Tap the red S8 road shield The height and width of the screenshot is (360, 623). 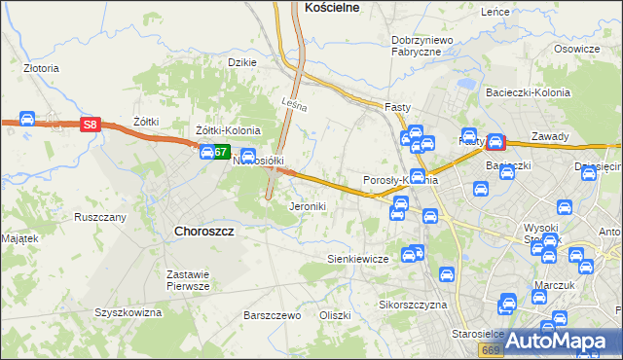[x=90, y=124]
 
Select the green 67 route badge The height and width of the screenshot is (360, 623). [x=222, y=152]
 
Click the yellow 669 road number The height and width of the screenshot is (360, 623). [x=492, y=348]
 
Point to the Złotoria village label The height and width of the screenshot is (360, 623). [x=42, y=69]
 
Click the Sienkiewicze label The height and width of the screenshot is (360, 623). [x=357, y=259]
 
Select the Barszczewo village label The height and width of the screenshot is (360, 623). [x=272, y=315]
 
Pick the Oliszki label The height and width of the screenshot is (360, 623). [x=334, y=315]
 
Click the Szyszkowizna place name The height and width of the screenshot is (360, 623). [x=128, y=312]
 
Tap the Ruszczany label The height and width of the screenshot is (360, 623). [x=100, y=217]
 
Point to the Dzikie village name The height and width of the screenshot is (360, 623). [x=241, y=62]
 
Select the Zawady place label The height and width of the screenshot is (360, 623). [x=550, y=137]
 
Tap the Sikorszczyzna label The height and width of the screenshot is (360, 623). [x=412, y=305]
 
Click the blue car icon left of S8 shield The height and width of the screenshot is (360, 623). [x=27, y=120]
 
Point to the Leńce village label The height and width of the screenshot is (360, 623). [x=495, y=12]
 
